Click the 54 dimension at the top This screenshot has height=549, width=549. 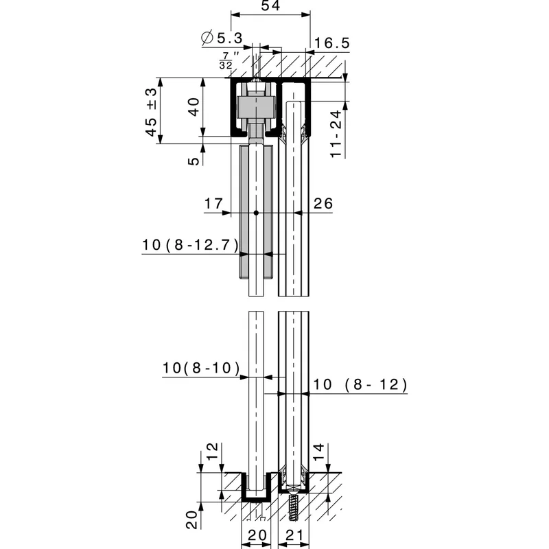(x=270, y=5)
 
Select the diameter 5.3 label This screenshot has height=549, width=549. (x=222, y=38)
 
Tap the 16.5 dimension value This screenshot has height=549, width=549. (x=332, y=43)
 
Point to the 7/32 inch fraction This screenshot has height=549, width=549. (x=229, y=60)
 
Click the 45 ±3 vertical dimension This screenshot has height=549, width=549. (x=151, y=112)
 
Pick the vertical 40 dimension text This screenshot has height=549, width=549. (x=194, y=107)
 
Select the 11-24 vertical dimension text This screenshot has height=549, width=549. (x=336, y=134)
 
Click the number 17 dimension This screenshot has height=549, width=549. (x=213, y=203)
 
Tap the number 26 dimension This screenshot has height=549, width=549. (x=323, y=203)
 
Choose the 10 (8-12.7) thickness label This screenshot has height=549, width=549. (x=190, y=245)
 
